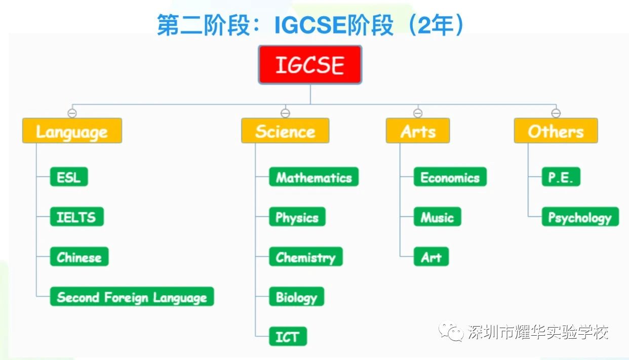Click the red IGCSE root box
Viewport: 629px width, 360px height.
310,65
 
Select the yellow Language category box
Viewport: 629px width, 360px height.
72,131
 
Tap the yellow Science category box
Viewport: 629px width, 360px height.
285,131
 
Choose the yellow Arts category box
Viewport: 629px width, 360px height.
418,131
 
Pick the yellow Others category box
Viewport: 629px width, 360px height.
556,131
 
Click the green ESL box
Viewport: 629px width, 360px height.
69,177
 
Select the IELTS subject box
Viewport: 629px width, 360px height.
77,217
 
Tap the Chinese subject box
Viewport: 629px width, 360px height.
79,257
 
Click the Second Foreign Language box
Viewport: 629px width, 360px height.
132,297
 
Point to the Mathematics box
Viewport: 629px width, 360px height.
314,177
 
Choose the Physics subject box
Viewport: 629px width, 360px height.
297,217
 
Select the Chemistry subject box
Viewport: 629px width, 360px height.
306,257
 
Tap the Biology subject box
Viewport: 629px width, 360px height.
297,297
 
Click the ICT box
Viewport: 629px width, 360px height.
288,336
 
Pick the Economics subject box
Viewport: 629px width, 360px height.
450,177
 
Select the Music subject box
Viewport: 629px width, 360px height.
438,217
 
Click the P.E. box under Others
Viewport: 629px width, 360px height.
561,177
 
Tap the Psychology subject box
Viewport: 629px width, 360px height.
580,217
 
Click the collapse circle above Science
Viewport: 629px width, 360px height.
285,113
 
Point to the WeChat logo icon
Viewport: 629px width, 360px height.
451,331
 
